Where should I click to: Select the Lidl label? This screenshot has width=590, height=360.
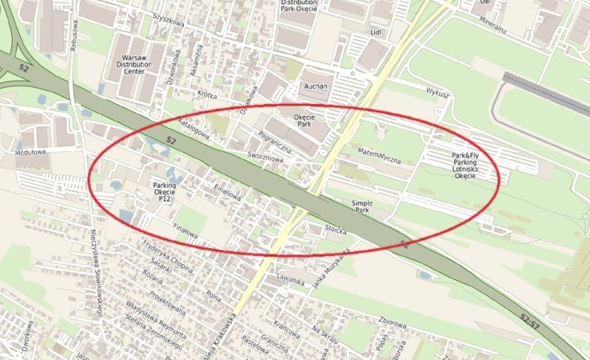(x=375, y=32)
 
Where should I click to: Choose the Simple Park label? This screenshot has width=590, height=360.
(x=362, y=208)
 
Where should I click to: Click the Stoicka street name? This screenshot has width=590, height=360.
(x=337, y=230)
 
